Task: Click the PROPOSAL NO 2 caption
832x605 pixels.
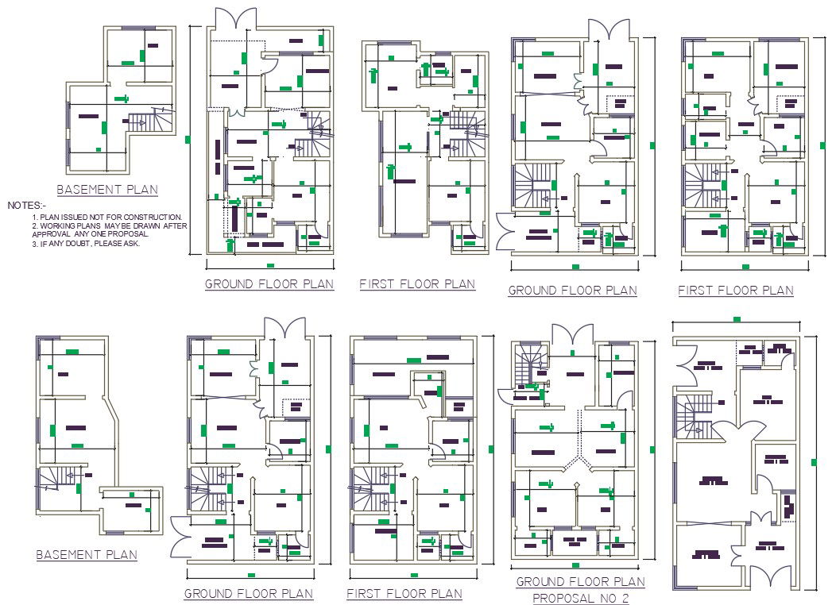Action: click(x=580, y=598)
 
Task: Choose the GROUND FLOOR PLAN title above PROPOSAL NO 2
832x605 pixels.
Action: click(x=580, y=582)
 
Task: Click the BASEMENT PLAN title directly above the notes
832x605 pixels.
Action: click(x=107, y=190)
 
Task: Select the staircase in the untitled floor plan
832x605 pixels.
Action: click(x=688, y=410)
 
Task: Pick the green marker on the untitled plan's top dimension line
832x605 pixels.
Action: click(x=737, y=319)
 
